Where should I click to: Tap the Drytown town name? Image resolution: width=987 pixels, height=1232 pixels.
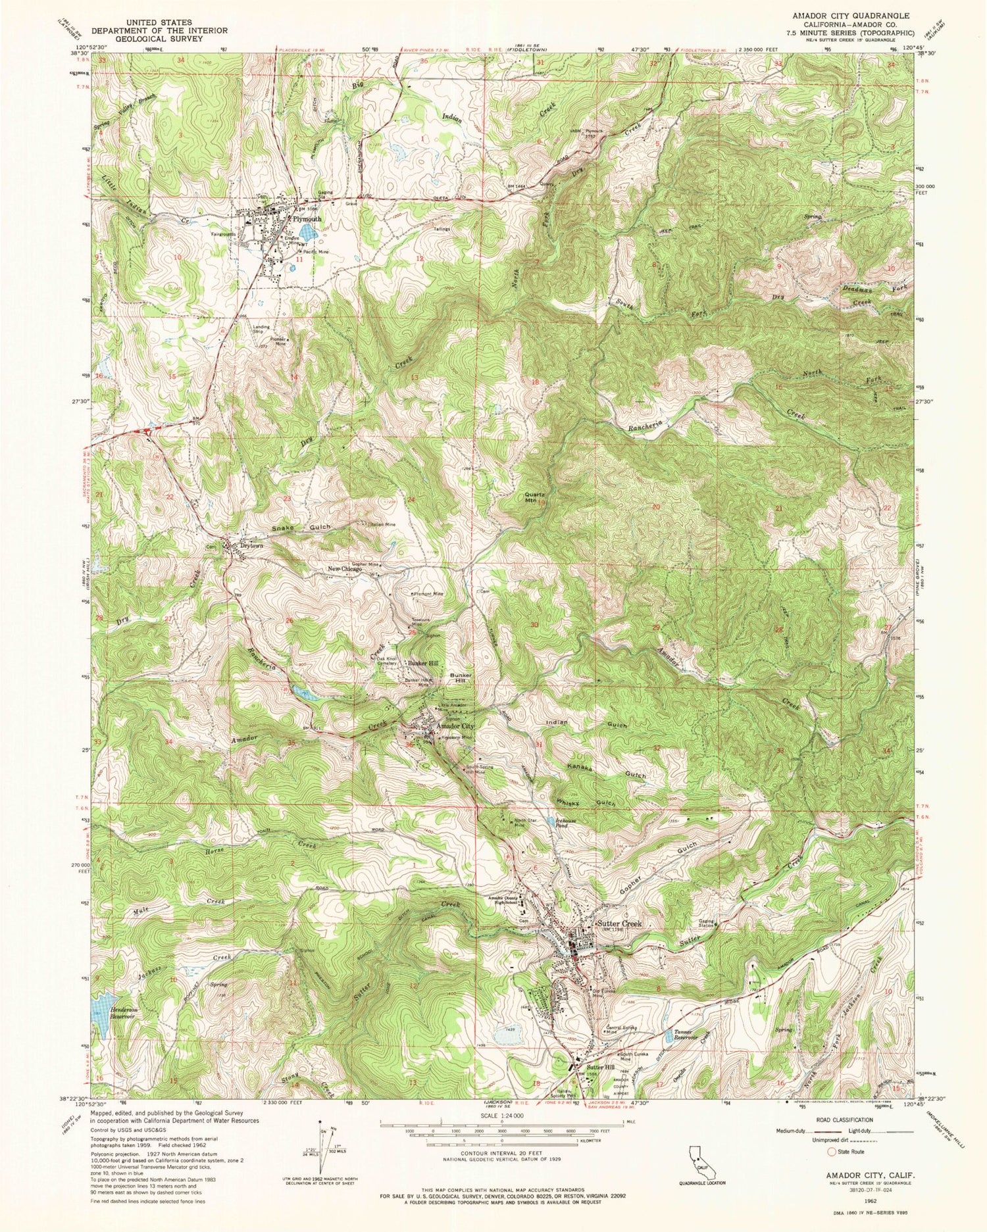[251, 545]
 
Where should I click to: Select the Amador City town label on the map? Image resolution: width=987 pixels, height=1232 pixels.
[455, 726]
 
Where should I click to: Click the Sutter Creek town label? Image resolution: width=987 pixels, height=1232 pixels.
[619, 924]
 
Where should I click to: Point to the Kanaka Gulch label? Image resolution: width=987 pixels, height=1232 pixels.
[607, 770]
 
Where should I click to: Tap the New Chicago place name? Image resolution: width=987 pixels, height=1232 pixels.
[345, 570]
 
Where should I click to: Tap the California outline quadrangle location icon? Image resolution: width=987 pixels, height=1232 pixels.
[699, 1166]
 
